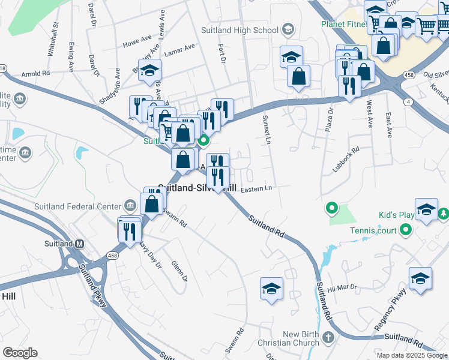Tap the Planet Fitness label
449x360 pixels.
click(x=345, y=24)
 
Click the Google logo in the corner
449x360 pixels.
click(x=20, y=353)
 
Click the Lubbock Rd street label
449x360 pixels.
click(x=346, y=160)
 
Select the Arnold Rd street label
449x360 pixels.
click(x=35, y=74)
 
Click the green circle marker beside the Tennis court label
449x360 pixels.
click(x=406, y=229)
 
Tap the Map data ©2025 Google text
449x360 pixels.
click(x=412, y=355)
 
